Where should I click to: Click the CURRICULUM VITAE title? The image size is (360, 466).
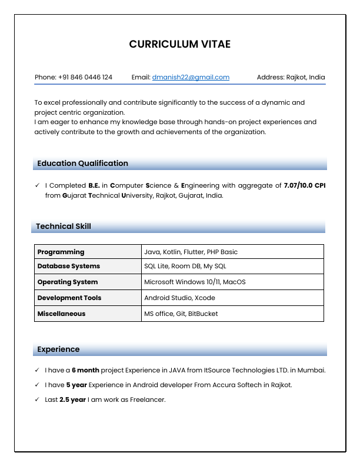(180, 45)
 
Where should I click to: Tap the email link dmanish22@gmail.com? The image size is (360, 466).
(191, 77)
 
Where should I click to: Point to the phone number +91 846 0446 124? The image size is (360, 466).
(85, 77)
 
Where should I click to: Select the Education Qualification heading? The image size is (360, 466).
(82, 164)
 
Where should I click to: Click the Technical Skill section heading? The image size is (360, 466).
(64, 227)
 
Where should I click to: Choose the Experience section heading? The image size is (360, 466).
(58, 349)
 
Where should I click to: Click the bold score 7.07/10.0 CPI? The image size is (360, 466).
(304, 185)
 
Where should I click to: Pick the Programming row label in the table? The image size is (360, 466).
(61, 252)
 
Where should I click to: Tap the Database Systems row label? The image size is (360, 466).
(69, 266)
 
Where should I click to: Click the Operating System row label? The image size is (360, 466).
(68, 282)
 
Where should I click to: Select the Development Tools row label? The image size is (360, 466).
(69, 298)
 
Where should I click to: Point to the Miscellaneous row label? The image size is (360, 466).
(62, 314)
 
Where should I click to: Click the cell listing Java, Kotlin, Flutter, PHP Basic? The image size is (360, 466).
(191, 252)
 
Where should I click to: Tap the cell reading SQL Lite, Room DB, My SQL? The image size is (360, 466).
(185, 266)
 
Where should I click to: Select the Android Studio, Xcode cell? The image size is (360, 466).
(179, 298)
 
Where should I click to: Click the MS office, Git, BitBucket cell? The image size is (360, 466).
(181, 314)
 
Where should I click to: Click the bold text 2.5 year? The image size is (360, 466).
(73, 400)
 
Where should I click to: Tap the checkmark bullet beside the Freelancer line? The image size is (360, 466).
(38, 400)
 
